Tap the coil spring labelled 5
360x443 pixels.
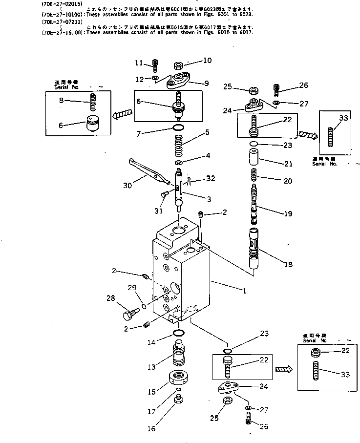point(179,146)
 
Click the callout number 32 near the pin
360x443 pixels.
point(210,179)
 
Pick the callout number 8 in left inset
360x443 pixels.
point(62,101)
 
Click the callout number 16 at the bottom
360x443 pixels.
point(151,428)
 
